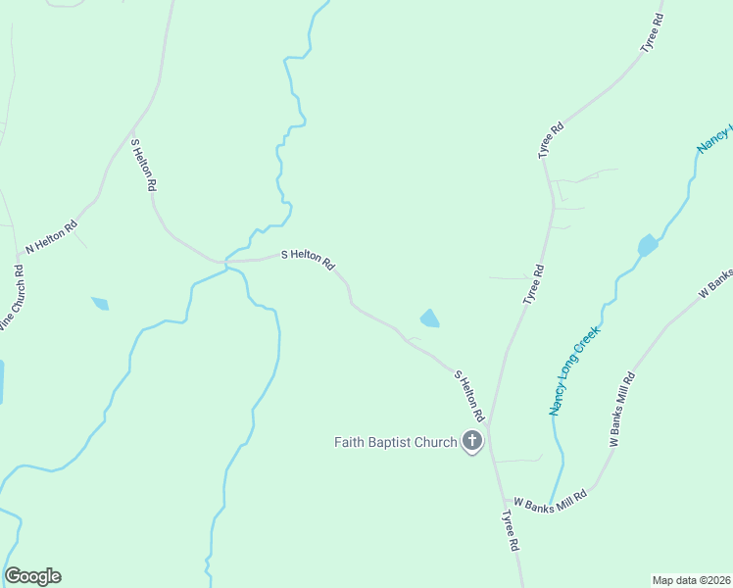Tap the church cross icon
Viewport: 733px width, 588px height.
coord(472,441)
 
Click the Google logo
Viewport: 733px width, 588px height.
coord(33,576)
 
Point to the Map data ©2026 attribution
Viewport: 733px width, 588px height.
coord(691,580)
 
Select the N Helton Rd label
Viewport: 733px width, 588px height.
coord(51,238)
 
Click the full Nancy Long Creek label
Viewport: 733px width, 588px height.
coord(573,371)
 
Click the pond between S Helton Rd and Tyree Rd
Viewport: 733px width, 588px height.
coord(429,318)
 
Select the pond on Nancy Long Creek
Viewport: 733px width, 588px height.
coord(648,244)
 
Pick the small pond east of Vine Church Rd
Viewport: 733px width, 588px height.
coord(100,304)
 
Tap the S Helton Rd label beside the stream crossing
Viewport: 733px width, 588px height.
coord(309,259)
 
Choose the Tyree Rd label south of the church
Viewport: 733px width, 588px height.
coord(510,530)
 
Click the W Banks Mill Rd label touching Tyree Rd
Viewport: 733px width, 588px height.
coord(550,500)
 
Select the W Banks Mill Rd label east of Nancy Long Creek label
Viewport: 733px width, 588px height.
coord(622,410)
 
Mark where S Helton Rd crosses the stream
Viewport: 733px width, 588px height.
coord(226,262)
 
